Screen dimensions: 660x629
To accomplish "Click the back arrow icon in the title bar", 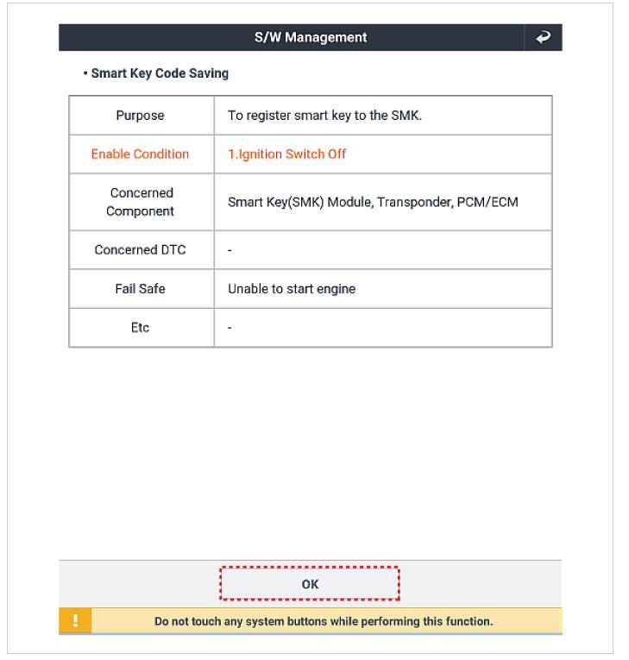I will pyautogui.click(x=544, y=37).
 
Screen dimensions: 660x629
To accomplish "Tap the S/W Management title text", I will pyautogui.click(x=311, y=37).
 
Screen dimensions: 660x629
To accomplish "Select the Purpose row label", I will pyautogui.click(x=140, y=116).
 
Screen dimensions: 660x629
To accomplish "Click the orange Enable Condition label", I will pyautogui.click(x=140, y=154).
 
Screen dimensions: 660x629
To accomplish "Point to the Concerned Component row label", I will pyautogui.click(x=142, y=202).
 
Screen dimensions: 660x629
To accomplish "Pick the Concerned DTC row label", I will pyautogui.click(x=140, y=250).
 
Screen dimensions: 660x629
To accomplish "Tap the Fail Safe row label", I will pyautogui.click(x=140, y=289).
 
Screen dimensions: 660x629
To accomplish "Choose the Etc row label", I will pyautogui.click(x=140, y=328).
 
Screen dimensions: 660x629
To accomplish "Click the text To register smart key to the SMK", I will pyautogui.click(x=324, y=116).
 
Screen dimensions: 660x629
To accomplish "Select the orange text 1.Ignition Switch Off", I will pyautogui.click(x=286, y=154).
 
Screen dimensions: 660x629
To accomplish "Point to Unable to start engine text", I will pyautogui.click(x=292, y=289).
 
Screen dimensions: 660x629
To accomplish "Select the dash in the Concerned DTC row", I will pyautogui.click(x=230, y=250).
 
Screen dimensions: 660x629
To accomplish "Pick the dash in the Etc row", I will pyautogui.click(x=230, y=328).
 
